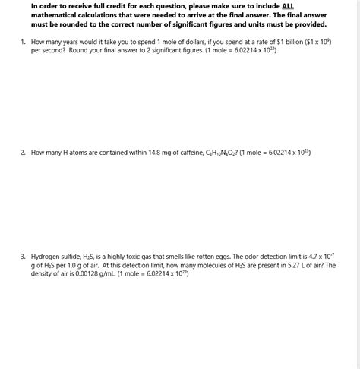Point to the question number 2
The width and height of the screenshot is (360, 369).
[23, 153]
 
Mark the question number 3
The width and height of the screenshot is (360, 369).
[23, 257]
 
